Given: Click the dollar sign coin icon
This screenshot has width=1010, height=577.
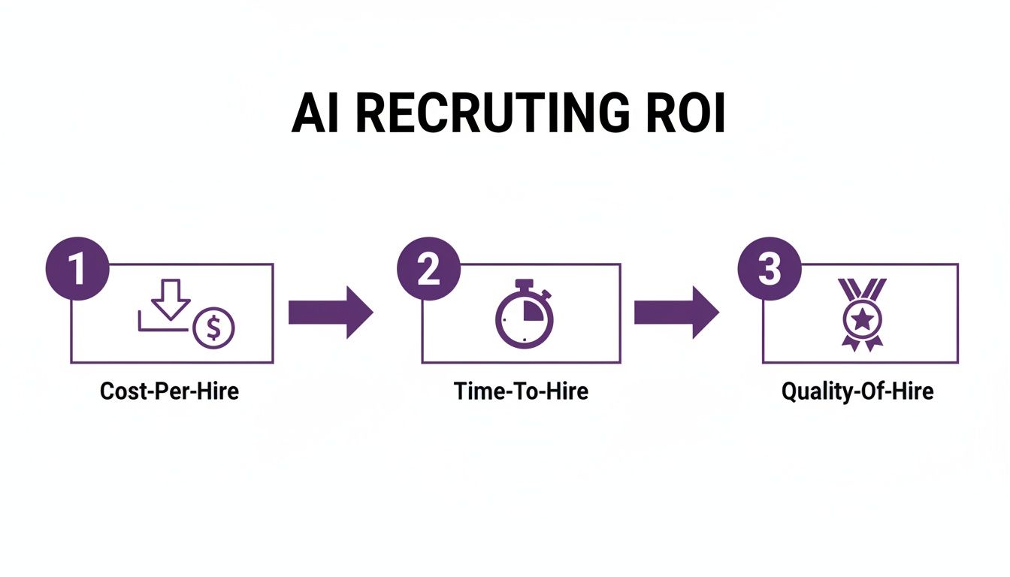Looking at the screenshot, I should coord(213,328).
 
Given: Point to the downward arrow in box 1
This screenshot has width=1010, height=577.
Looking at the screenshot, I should coord(171,299).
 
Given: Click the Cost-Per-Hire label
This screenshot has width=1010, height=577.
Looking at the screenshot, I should coord(169,391).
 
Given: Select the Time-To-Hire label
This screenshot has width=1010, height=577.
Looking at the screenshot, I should coord(521,391).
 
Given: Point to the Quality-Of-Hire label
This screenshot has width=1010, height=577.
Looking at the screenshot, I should coord(857,391).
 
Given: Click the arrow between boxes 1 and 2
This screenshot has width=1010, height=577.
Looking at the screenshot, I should coord(331,311).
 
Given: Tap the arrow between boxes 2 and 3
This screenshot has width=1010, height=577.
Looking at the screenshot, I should coord(676,311).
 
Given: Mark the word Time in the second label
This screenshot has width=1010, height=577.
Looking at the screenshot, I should coord(474,391).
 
